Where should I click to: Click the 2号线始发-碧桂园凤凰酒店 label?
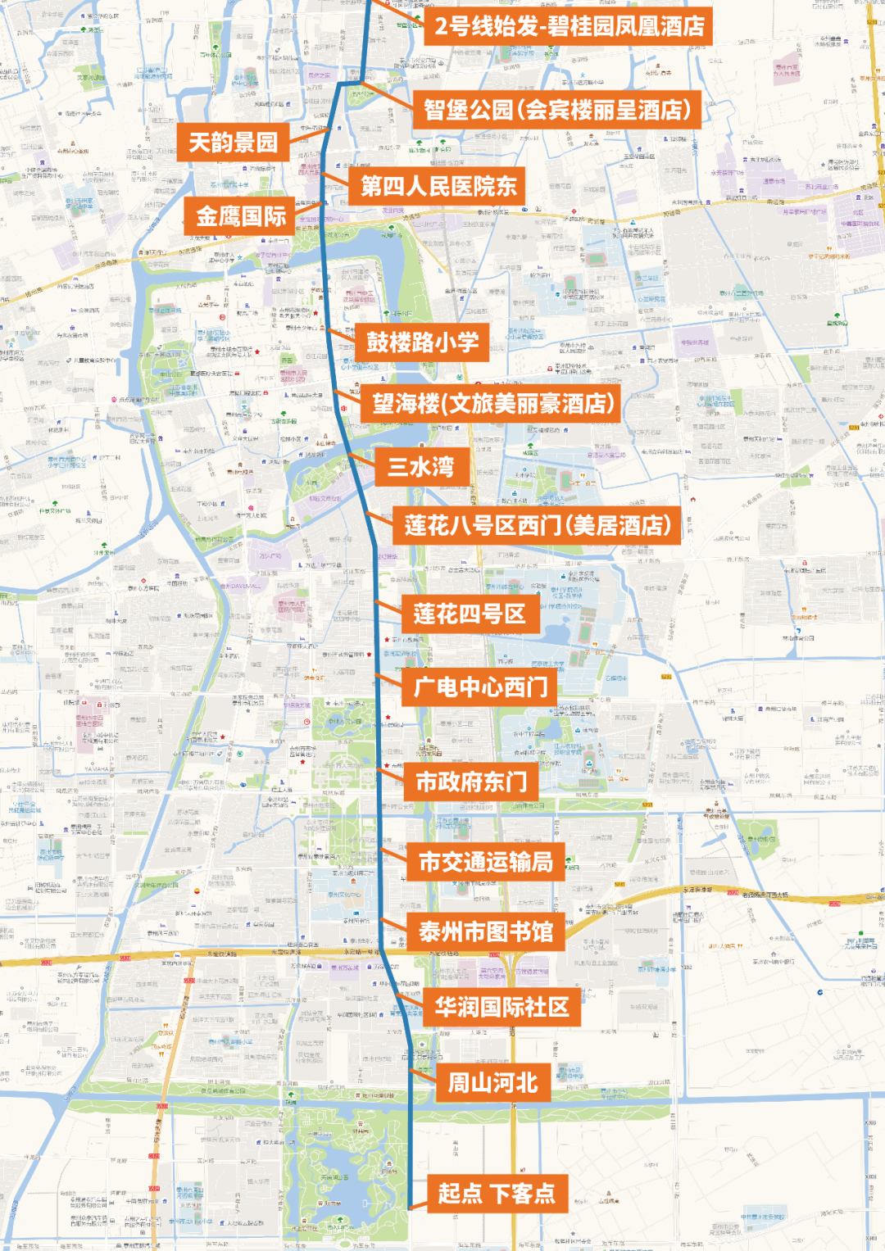click(568, 26)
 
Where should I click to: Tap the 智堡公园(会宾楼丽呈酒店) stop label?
click(557, 109)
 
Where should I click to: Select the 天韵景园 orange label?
click(234, 143)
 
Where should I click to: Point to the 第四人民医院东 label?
click(438, 187)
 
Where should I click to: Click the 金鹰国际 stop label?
click(240, 216)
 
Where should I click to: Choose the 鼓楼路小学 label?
click(422, 342)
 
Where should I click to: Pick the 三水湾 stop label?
click(421, 467)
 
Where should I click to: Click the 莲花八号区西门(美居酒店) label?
click(538, 525)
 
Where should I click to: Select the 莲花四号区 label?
click(470, 614)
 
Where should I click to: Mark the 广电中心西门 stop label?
click(480, 687)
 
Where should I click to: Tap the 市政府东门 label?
click(471, 782)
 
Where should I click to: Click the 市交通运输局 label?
click(486, 862)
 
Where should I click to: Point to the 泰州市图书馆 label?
click(486, 931)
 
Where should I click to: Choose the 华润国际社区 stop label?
click(501, 1007)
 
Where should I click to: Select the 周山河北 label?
click(492, 1083)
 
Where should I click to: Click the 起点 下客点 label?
click(497, 1193)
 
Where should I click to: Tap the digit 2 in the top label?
click(442, 26)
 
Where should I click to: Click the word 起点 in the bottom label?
click(460, 1193)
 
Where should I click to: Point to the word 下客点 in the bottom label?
click(522, 1193)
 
